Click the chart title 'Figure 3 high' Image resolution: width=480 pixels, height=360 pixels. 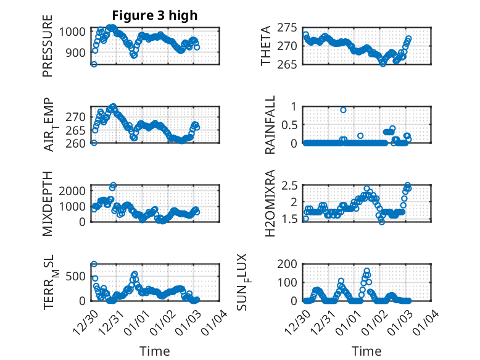click(x=154, y=15)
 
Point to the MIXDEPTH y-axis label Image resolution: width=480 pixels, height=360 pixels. click(x=48, y=203)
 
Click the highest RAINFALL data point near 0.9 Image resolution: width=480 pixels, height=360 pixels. click(x=343, y=110)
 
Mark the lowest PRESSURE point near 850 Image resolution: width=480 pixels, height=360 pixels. click(x=94, y=64)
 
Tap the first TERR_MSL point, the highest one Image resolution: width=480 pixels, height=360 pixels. click(x=94, y=264)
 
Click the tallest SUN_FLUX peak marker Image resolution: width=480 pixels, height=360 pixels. click(x=367, y=271)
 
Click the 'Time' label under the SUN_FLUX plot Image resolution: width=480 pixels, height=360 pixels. click(x=366, y=351)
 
